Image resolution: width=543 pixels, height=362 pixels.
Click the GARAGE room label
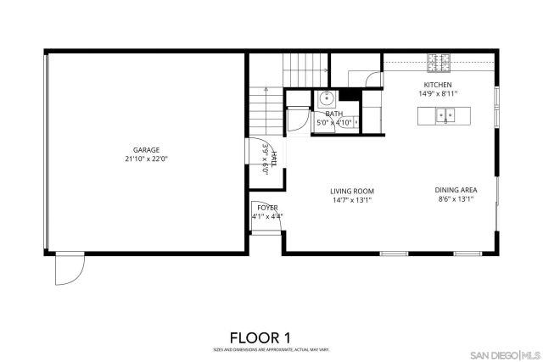click(145, 150)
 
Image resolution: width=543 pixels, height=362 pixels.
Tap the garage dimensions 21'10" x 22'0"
click(145, 159)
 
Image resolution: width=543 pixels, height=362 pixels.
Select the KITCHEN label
click(438, 85)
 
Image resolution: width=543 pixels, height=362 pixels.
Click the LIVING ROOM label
click(352, 191)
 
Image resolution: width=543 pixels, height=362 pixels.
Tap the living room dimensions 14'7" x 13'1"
click(352, 200)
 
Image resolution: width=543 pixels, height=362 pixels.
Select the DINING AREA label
click(455, 191)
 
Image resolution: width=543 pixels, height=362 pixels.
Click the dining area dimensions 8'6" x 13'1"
click(455, 200)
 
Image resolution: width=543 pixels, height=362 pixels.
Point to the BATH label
click(334, 114)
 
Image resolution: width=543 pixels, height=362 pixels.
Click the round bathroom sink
click(327, 97)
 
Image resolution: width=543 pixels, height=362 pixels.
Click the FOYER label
click(267, 207)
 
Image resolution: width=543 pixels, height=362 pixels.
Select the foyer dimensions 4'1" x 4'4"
click(267, 216)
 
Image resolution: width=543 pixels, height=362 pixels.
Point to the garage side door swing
click(68, 270)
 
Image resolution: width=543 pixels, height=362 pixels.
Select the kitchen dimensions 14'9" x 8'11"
click(438, 94)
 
